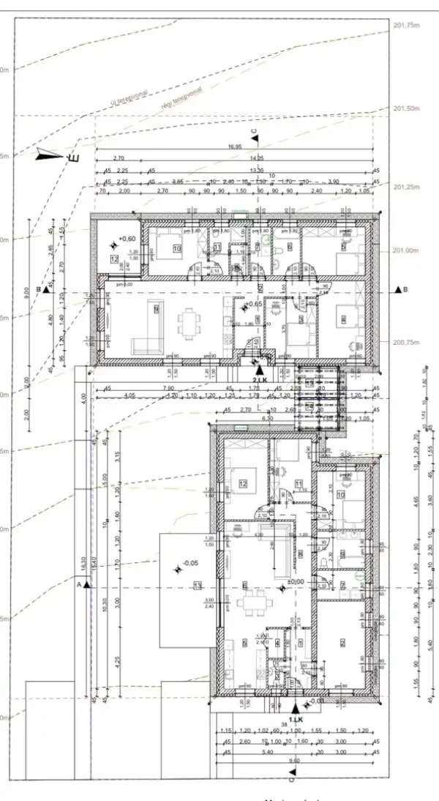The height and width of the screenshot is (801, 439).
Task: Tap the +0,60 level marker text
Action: (x=127, y=239)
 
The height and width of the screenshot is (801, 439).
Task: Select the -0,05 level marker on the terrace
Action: (x=190, y=563)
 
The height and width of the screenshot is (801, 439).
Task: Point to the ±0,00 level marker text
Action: (x=296, y=582)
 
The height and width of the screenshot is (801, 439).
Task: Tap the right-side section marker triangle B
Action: (x=399, y=290)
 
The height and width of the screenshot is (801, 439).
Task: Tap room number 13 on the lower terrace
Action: (x=198, y=585)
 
